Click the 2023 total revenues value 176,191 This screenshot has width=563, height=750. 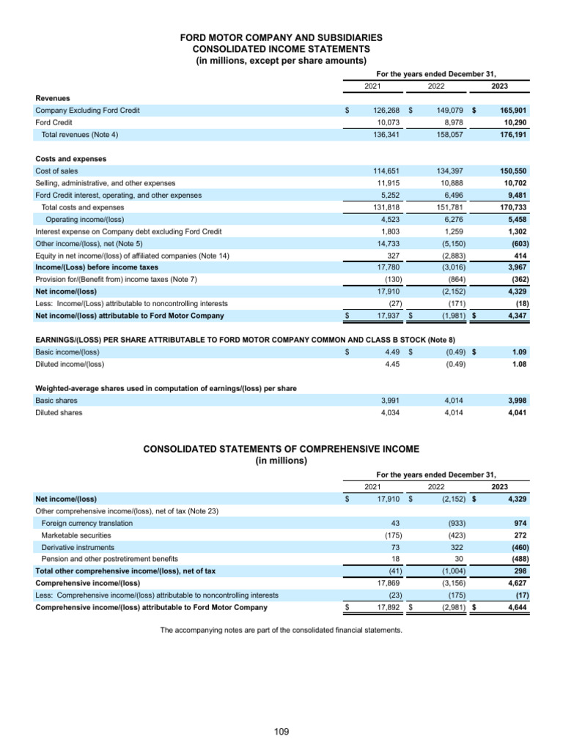pos(512,135)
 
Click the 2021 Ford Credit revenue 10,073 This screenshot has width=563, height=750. pos(386,122)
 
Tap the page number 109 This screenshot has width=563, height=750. pos(281,731)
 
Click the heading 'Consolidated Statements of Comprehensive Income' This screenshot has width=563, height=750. pos(281,449)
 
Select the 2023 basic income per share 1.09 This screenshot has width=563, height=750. pos(518,352)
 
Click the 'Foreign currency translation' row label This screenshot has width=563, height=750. pos(87,524)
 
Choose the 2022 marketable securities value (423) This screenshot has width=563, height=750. pos(457,535)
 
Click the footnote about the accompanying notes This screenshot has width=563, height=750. pos(281,631)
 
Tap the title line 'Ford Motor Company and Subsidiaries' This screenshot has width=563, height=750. pos(281,37)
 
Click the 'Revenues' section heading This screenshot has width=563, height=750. pos(53,97)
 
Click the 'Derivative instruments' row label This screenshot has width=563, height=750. pos(78,548)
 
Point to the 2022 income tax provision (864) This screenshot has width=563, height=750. pos(457,279)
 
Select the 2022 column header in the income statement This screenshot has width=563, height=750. pos(435,86)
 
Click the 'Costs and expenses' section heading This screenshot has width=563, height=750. pos(71,159)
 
